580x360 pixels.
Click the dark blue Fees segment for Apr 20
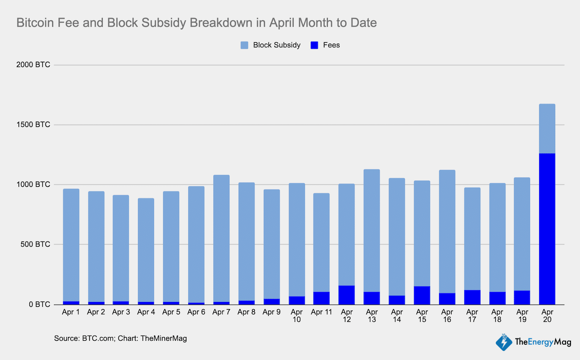point(547,229)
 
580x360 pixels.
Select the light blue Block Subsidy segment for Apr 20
point(547,129)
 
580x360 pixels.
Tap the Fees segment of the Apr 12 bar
point(346,295)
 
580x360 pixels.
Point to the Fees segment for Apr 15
point(422,295)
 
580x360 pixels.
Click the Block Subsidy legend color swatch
point(245,45)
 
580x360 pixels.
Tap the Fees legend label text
point(331,45)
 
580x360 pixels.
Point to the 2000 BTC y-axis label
point(34,65)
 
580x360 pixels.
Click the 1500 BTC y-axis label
point(34,125)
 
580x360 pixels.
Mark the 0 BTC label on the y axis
point(40,304)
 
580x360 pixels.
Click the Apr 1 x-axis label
point(71,312)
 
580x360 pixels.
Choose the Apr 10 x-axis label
point(296,315)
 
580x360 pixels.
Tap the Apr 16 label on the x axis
point(447,315)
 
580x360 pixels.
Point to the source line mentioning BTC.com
point(120,338)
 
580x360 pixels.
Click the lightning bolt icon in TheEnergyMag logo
point(504,342)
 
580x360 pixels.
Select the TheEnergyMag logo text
point(543,342)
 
